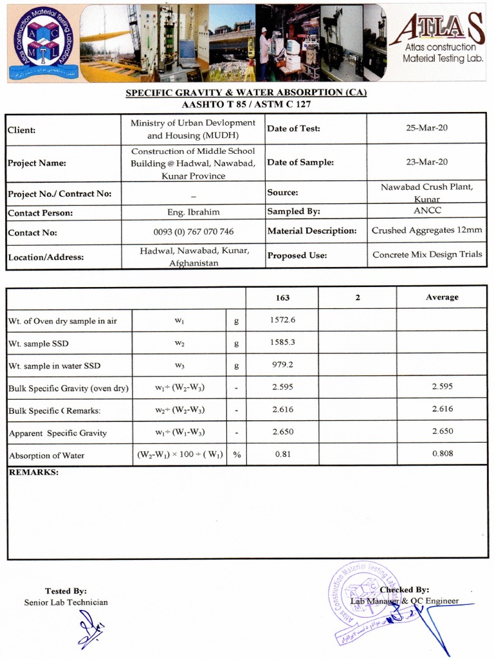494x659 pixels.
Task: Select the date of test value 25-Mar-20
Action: point(426,128)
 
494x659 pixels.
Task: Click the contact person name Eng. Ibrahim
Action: point(193,212)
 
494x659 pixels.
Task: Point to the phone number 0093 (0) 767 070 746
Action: point(193,232)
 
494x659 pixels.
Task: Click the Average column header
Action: point(442,297)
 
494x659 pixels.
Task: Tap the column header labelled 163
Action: point(282,297)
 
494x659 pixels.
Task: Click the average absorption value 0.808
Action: point(442,454)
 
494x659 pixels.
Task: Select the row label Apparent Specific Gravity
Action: point(58,433)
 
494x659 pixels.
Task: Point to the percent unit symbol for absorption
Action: point(237,455)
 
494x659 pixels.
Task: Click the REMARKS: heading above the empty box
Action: point(33,472)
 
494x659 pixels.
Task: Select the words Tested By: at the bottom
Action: point(66,591)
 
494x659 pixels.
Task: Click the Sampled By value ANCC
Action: point(426,210)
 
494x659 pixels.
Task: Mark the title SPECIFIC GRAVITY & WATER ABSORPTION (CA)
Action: point(246,93)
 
